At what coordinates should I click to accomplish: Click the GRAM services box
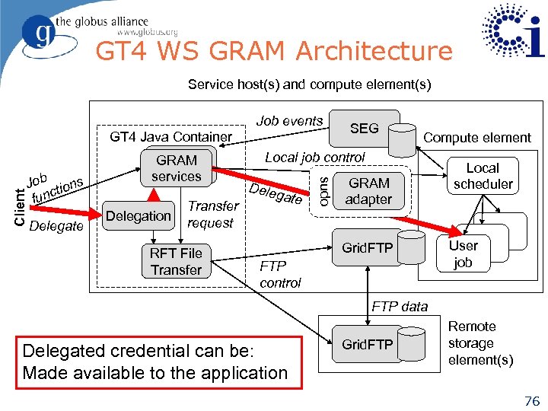tap(176, 168)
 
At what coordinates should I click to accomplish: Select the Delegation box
tap(138, 216)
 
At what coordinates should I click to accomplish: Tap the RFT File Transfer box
tap(176, 262)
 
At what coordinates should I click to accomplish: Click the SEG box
tap(363, 129)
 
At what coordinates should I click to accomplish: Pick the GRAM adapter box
tap(368, 191)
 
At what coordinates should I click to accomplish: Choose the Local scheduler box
tap(483, 176)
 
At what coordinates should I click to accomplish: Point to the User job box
tap(463, 253)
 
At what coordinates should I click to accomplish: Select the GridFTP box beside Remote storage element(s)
tap(367, 345)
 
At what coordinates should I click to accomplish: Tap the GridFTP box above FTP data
tap(367, 247)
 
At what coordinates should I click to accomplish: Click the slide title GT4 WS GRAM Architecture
tap(273, 52)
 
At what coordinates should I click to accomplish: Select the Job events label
tap(289, 121)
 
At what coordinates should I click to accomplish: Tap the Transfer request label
tap(212, 214)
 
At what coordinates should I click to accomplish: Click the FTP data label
tap(400, 307)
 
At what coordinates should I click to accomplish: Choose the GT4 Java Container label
tap(170, 137)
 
